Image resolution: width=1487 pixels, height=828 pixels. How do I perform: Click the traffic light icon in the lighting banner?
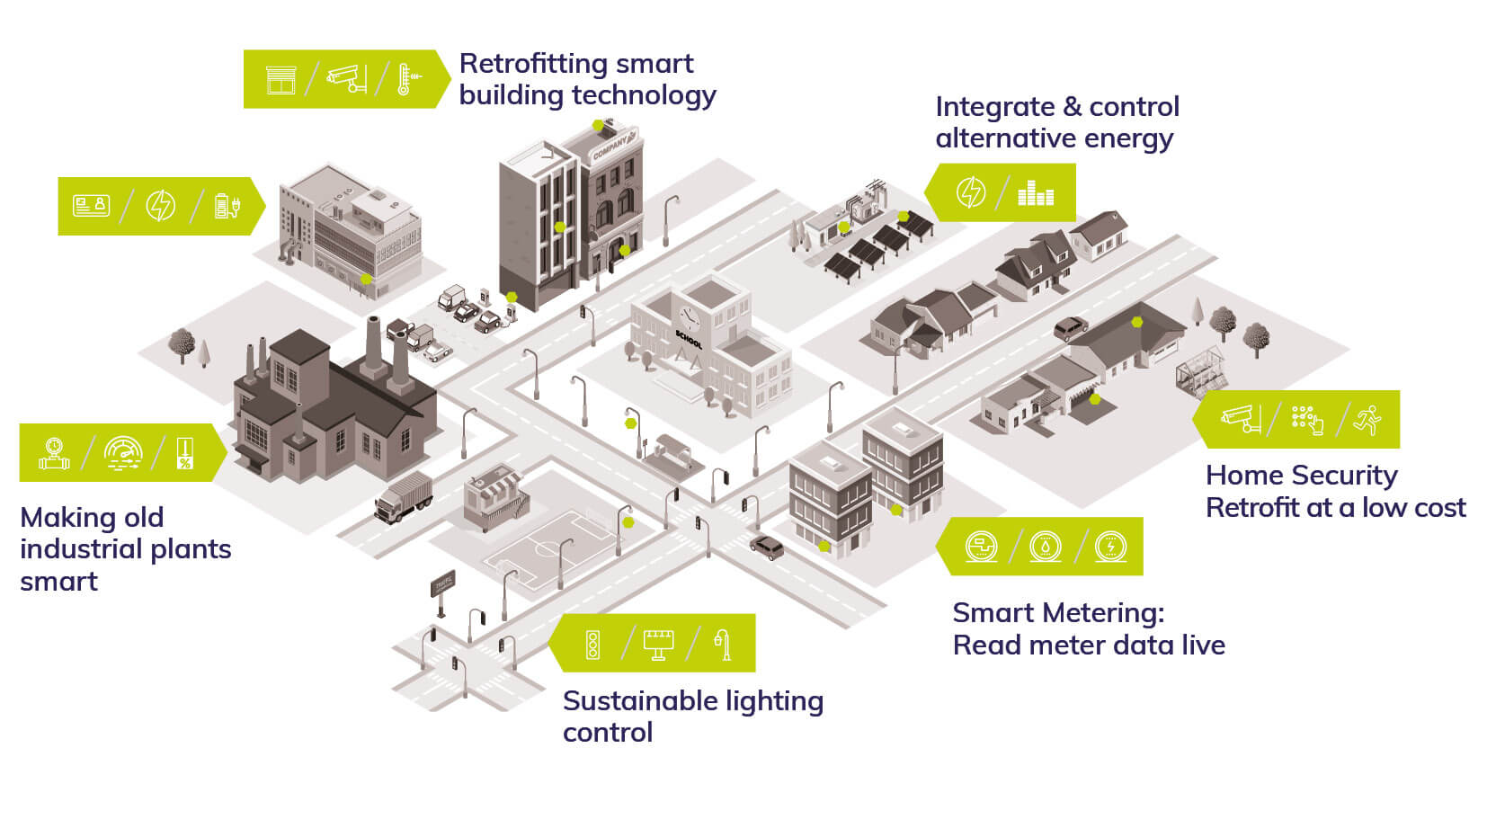[592, 644]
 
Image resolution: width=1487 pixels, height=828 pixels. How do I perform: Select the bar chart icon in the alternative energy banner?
[1035, 192]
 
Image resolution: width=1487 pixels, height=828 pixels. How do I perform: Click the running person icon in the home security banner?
[1367, 420]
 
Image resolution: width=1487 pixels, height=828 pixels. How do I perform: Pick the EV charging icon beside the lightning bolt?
[227, 206]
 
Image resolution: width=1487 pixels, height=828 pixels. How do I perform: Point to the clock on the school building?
[689, 317]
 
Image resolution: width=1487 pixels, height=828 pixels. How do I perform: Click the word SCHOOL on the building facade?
[688, 340]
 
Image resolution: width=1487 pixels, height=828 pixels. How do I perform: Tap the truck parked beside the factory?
[404, 497]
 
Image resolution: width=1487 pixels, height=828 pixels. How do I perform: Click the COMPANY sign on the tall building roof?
[610, 146]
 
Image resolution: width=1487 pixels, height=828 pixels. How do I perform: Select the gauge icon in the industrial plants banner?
[123, 452]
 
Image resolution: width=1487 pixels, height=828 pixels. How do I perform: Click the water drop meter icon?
[1045, 547]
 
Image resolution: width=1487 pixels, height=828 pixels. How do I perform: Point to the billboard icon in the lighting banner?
[658, 644]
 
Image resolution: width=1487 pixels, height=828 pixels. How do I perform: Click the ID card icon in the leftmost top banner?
[91, 206]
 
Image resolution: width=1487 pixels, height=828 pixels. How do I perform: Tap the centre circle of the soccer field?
[545, 547]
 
